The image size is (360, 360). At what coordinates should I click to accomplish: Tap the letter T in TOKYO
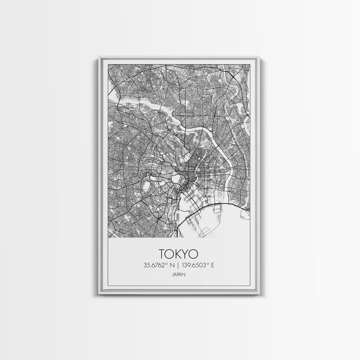click(x=162, y=254)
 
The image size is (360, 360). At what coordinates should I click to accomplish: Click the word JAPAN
click(x=179, y=275)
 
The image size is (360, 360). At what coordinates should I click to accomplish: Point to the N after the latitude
click(x=171, y=265)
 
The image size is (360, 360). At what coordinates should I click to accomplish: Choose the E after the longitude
click(x=212, y=265)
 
